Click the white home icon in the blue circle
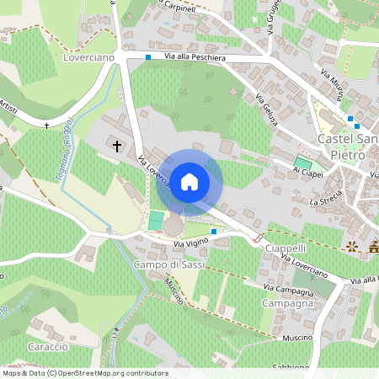[189, 182]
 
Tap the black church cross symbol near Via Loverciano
[117, 146]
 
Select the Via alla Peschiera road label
[195, 57]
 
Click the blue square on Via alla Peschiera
[148, 57]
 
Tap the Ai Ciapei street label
[307, 171]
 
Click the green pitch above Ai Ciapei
[302, 161]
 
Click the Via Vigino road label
[190, 243]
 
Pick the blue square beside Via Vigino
[214, 231]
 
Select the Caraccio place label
[46, 347]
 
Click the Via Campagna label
[291, 291]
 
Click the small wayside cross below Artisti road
[47, 125]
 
